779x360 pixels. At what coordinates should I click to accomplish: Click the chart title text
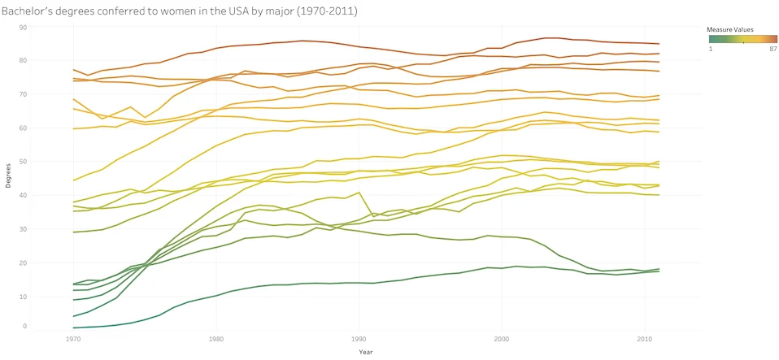pyautogui.click(x=180, y=11)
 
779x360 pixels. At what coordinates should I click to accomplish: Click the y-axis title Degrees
pyautogui.click(x=8, y=176)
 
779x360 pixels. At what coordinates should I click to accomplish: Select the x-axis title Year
pyautogui.click(x=366, y=352)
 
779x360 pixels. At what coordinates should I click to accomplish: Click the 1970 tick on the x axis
pyautogui.click(x=73, y=337)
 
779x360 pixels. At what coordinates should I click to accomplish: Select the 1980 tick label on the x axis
pyautogui.click(x=216, y=337)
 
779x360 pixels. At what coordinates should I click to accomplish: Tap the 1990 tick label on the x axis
pyautogui.click(x=359, y=337)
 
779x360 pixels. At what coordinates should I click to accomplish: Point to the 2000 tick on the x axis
pyautogui.click(x=502, y=337)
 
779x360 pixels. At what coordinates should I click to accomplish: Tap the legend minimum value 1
pyautogui.click(x=710, y=49)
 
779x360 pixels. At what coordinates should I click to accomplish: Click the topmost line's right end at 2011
pyautogui.click(x=659, y=44)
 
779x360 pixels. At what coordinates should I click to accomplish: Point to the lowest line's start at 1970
pyautogui.click(x=73, y=327)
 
